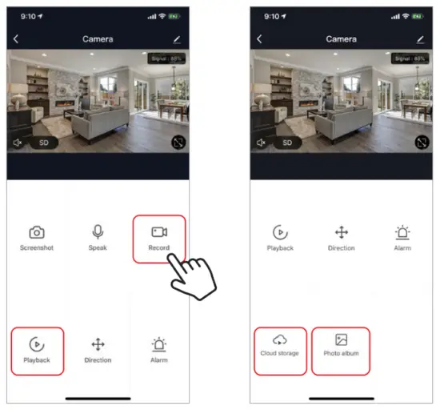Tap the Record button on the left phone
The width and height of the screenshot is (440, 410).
point(158,232)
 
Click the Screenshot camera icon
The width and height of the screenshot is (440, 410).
point(37,232)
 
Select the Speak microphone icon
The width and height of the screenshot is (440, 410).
point(98,231)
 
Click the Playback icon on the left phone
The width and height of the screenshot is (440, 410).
point(37,344)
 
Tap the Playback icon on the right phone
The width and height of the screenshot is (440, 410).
point(280,232)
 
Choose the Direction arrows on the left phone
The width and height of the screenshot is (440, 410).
point(98,344)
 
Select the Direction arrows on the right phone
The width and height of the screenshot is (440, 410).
point(342,232)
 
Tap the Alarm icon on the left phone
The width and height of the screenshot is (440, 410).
point(159,344)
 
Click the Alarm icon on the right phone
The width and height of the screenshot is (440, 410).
point(402,232)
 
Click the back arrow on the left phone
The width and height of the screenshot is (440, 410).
point(16,39)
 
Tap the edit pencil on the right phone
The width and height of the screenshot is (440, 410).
point(420,39)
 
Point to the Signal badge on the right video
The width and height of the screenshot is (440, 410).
point(409,58)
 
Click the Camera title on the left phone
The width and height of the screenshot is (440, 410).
point(98,39)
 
